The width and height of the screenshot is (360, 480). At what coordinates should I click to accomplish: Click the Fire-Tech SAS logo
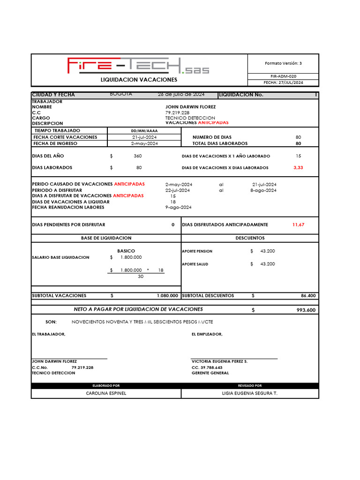pyautogui.click(x=138, y=66)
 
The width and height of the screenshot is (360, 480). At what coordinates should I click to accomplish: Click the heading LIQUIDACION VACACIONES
pyautogui.click(x=139, y=80)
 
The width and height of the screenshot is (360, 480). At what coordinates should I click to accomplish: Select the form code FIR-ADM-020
pyautogui.click(x=283, y=76)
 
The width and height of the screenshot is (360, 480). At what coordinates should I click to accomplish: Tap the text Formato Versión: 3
pyautogui.click(x=283, y=63)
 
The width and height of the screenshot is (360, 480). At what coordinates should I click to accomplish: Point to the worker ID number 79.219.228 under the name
pyautogui.click(x=177, y=113)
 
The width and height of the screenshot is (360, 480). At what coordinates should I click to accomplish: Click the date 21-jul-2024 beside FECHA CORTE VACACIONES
pyautogui.click(x=144, y=137)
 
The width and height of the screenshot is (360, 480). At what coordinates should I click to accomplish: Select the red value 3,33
pyautogui.click(x=298, y=167)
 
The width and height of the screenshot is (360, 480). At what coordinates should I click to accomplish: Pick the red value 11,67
pyautogui.click(x=298, y=225)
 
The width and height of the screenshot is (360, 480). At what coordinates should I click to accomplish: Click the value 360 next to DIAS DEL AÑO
pyautogui.click(x=138, y=156)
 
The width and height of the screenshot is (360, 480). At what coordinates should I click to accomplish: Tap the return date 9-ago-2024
pyautogui.click(x=178, y=207)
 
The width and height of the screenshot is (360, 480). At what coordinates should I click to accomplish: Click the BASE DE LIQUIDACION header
pyautogui.click(x=106, y=238)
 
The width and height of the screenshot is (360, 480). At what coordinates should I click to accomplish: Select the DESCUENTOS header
pyautogui.click(x=250, y=238)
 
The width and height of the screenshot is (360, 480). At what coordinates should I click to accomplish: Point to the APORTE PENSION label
pyautogui.click(x=197, y=251)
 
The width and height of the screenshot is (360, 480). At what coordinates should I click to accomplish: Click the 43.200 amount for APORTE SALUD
pyautogui.click(x=267, y=264)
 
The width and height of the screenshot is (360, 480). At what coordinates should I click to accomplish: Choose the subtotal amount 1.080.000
pyautogui.click(x=167, y=296)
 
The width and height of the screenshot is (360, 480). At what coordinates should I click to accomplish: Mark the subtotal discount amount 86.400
pyautogui.click(x=308, y=296)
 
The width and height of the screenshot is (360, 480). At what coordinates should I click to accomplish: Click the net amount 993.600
pyautogui.click(x=306, y=310)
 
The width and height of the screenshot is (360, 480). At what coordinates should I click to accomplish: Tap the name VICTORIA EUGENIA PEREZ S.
pyautogui.click(x=219, y=361)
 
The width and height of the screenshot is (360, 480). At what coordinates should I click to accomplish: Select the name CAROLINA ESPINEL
pyautogui.click(x=106, y=393)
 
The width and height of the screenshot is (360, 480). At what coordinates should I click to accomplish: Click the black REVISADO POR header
pyautogui.click(x=250, y=385)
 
